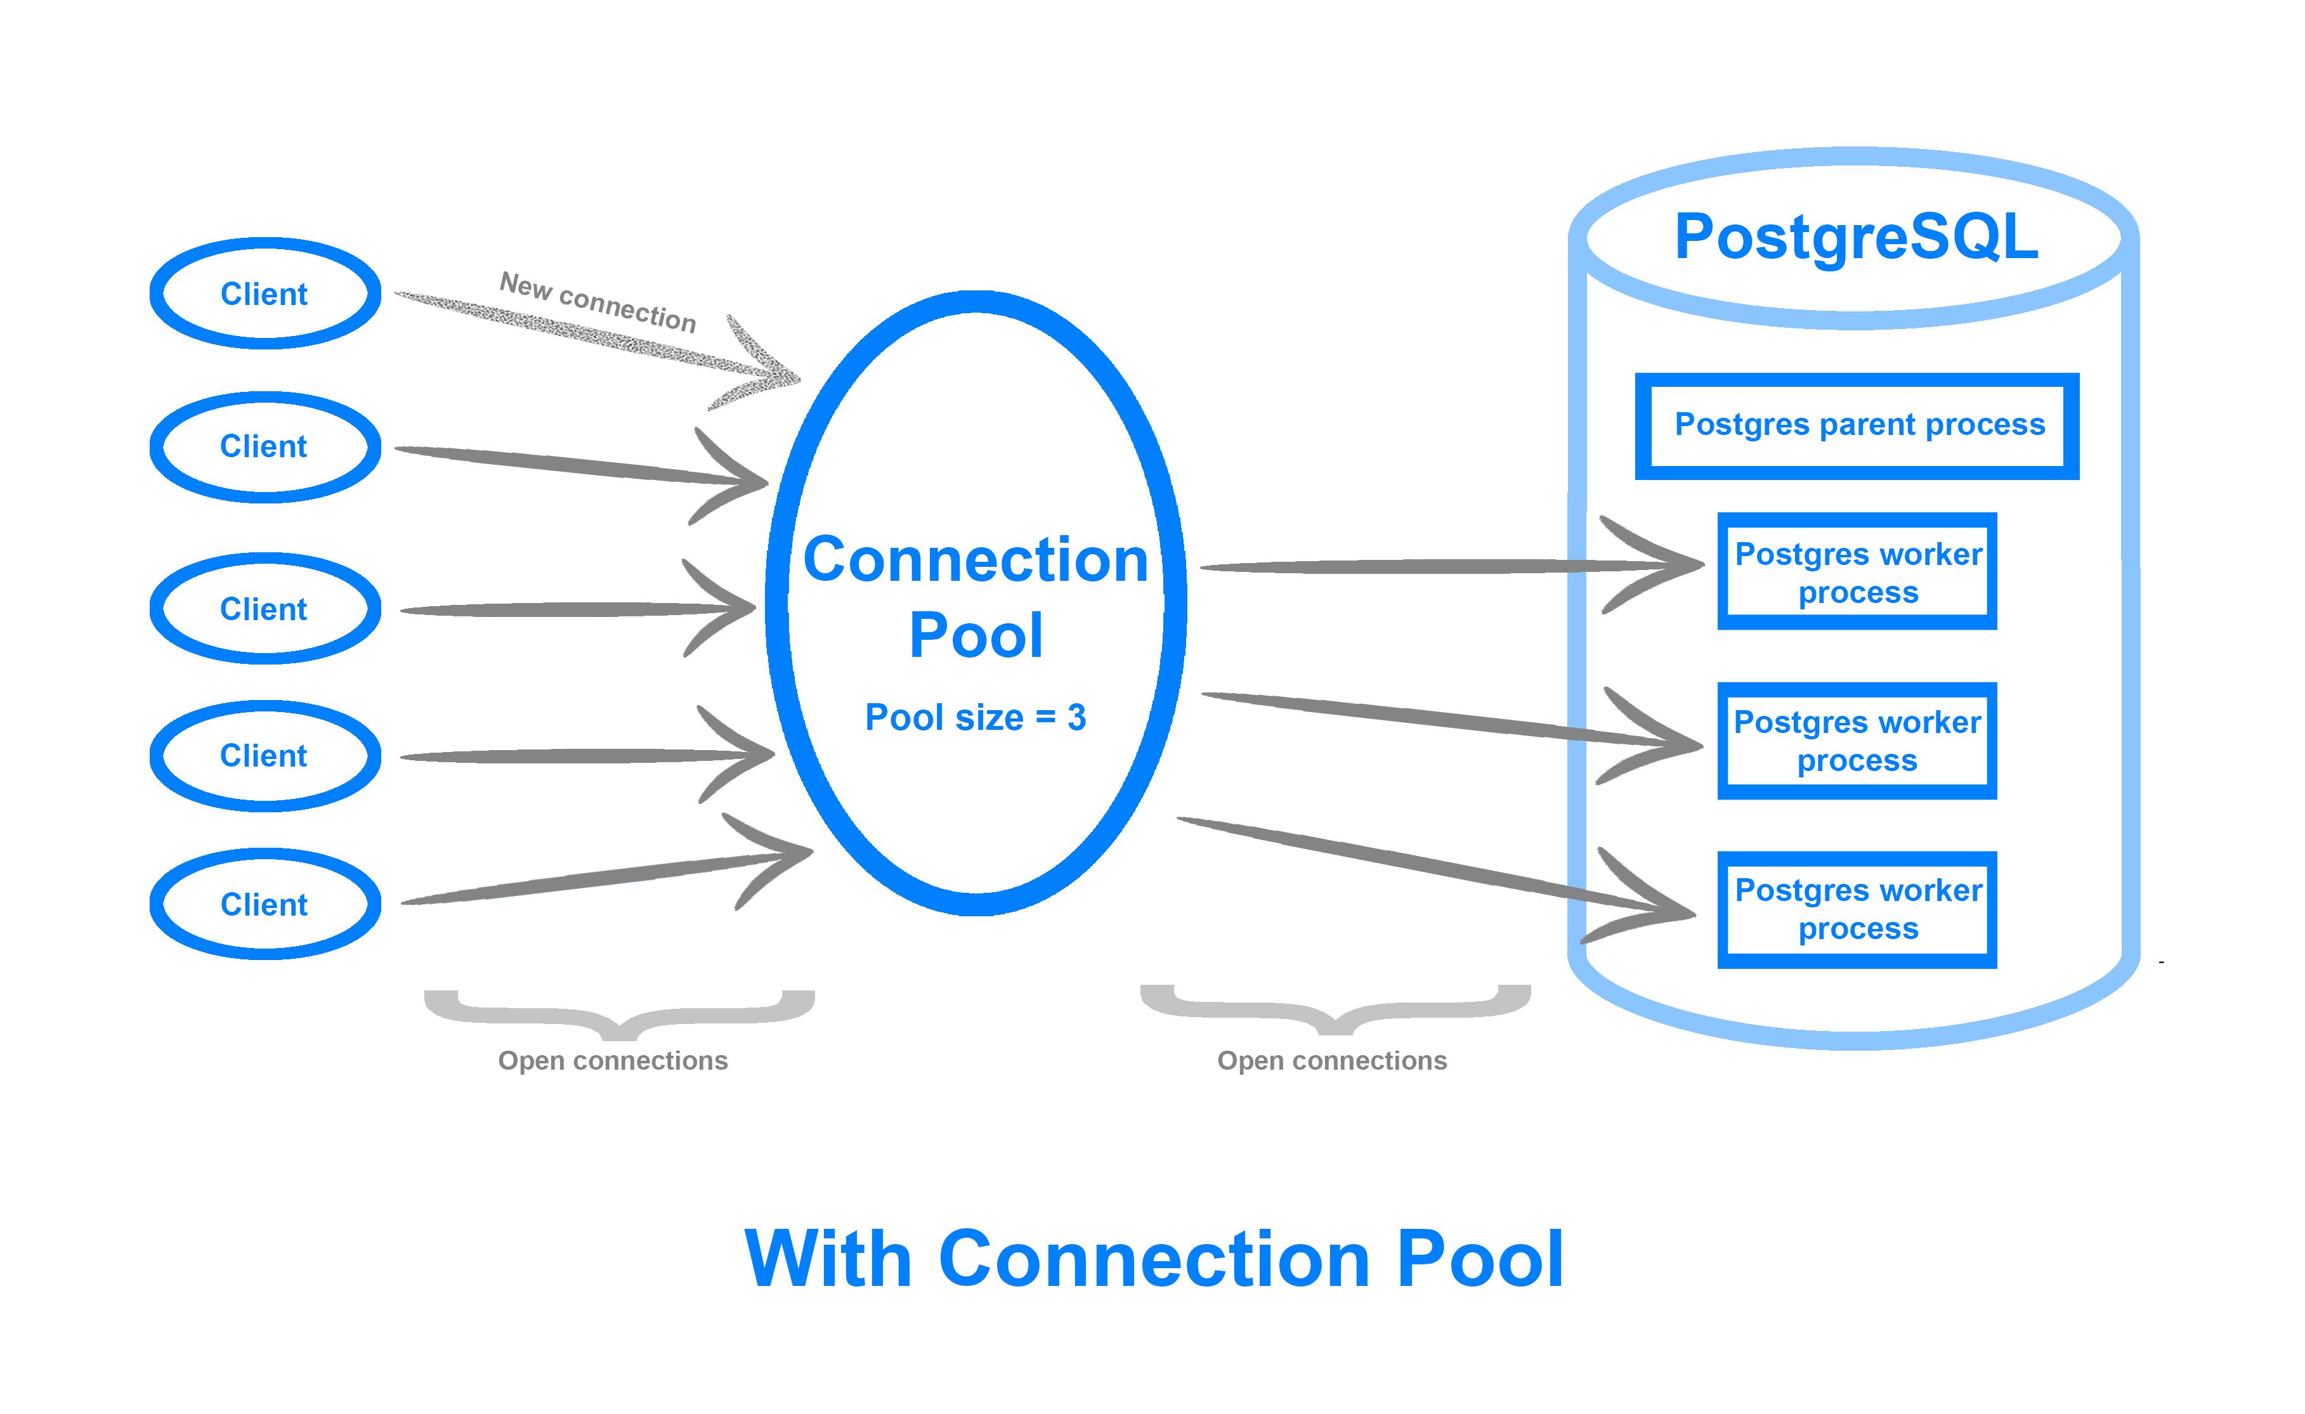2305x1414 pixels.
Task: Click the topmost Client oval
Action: pyautogui.click(x=264, y=294)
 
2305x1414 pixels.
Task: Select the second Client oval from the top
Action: pyautogui.click(x=264, y=447)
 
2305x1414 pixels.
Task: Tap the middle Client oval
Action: pyautogui.click(x=264, y=609)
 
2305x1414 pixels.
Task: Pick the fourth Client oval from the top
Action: pyautogui.click(x=264, y=756)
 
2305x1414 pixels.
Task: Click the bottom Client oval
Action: pyautogui.click(x=264, y=904)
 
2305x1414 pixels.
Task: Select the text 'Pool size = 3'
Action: pyautogui.click(x=975, y=717)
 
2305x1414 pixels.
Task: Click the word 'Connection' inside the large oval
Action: pyautogui.click(x=975, y=560)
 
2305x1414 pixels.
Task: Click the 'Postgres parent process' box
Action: pyautogui.click(x=1858, y=425)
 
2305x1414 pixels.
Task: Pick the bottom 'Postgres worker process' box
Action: pyautogui.click(x=1857, y=909)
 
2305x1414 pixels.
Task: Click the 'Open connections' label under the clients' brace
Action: pyautogui.click(x=613, y=1060)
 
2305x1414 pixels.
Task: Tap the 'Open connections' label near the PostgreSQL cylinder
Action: pyautogui.click(x=1331, y=1060)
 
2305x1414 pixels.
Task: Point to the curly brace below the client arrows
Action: pyautogui.click(x=619, y=1014)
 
